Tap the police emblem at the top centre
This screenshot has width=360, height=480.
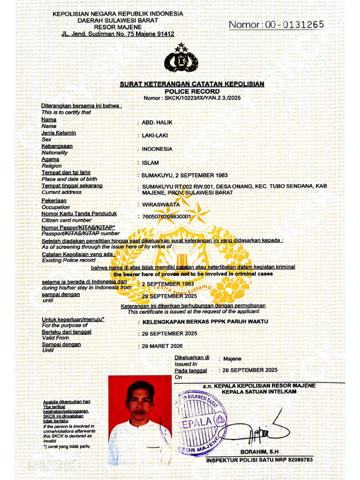(180, 59)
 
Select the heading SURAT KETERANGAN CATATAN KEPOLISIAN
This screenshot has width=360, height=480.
(192, 84)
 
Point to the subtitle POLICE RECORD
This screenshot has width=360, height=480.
(192, 91)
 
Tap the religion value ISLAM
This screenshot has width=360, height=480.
(150, 163)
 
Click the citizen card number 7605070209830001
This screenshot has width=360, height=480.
(166, 217)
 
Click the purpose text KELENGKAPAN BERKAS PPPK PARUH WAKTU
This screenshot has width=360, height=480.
(205, 322)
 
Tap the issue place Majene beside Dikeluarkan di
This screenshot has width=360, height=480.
(232, 359)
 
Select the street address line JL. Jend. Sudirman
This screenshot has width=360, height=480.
(118, 34)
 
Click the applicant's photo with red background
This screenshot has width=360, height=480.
(140, 420)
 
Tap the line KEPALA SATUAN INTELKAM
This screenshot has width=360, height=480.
(259, 391)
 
